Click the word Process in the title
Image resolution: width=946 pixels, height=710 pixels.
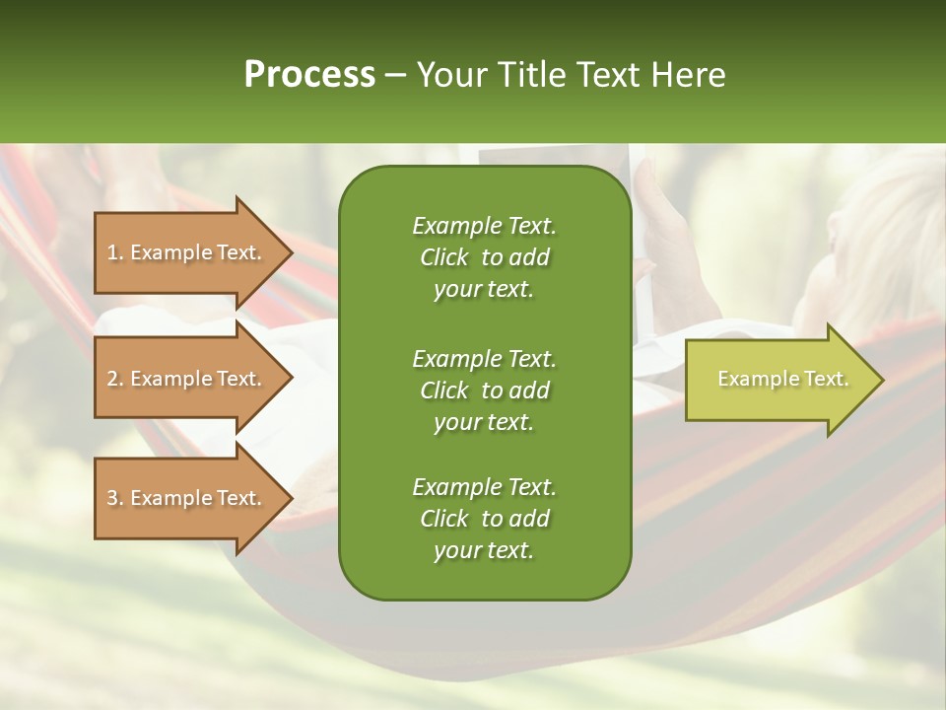pos(309,75)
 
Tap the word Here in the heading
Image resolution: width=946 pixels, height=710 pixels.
pos(688,75)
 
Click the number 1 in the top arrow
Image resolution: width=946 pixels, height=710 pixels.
pos(112,252)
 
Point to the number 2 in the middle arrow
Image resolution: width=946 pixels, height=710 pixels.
pos(112,379)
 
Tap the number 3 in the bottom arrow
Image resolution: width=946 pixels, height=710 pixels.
pos(112,498)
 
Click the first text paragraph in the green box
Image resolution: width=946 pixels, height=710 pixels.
pos(484,257)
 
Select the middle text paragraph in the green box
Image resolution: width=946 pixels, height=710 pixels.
pos(484,390)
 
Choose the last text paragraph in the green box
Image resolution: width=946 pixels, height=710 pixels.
pos(484,519)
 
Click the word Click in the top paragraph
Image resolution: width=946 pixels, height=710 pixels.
pos(444,257)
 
